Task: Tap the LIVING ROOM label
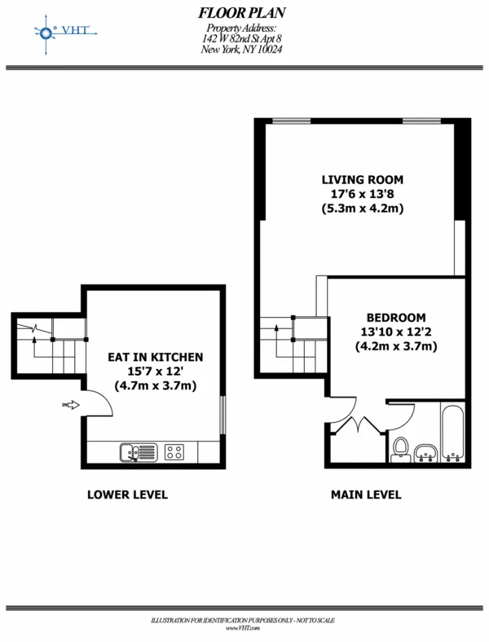click(x=362, y=179)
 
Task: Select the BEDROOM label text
click(x=395, y=317)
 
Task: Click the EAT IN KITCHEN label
click(x=156, y=357)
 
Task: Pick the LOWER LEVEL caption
click(x=127, y=495)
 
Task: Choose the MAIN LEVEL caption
click(x=365, y=495)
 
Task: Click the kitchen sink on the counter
click(x=137, y=451)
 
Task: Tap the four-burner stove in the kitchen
click(x=174, y=451)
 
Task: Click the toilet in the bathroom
click(x=400, y=449)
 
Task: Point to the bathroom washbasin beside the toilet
click(x=425, y=453)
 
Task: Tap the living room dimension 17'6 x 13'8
click(x=362, y=194)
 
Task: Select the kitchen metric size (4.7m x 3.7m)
click(x=156, y=385)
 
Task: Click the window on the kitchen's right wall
click(x=222, y=416)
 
